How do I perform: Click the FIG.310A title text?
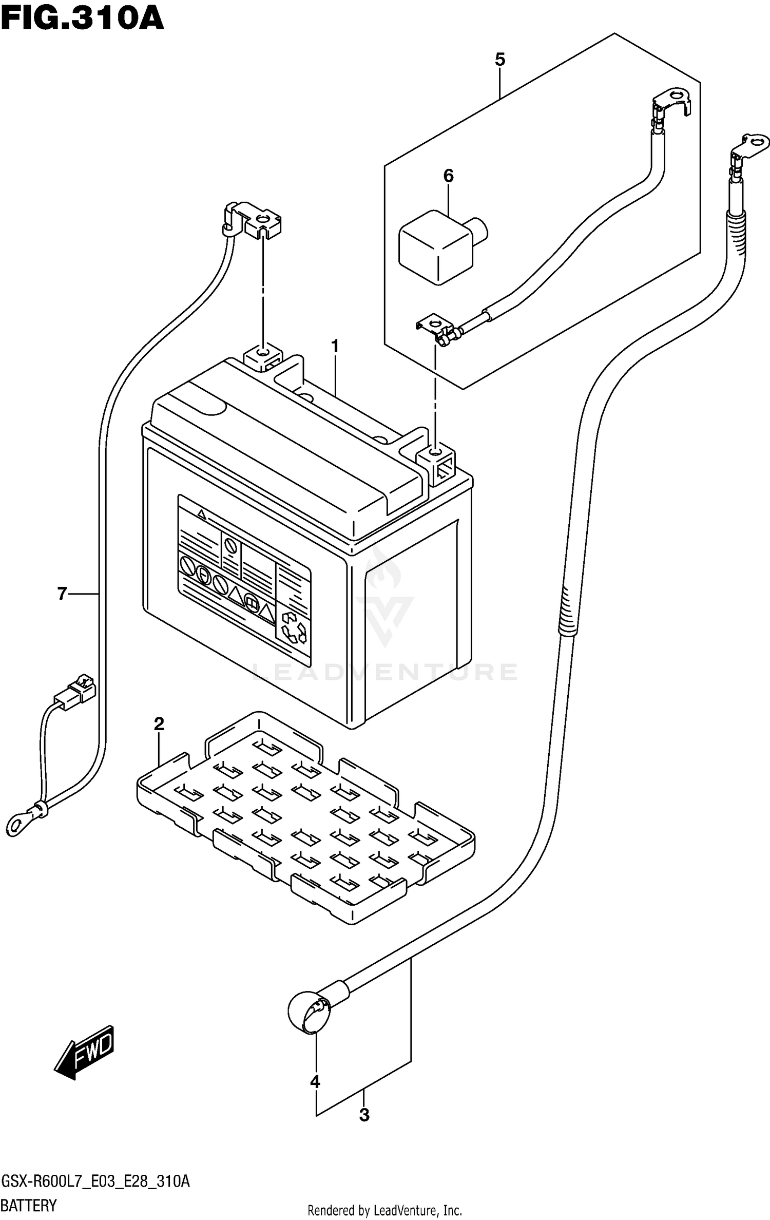[82, 20]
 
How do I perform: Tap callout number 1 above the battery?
[335, 347]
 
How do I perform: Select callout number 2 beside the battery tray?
[159, 724]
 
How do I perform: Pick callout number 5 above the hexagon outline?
[499, 60]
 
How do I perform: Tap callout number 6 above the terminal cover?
[448, 176]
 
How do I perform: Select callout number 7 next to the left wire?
[62, 594]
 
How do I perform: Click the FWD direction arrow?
[85, 1053]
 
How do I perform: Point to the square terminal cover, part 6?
[436, 246]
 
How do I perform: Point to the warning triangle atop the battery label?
[202, 514]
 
